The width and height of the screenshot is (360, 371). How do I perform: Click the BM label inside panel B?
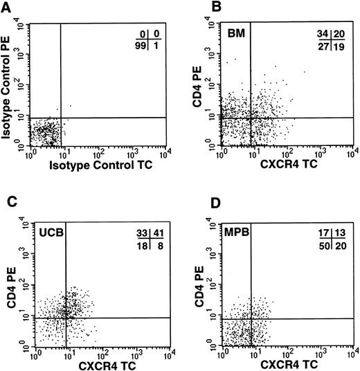click(x=233, y=33)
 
